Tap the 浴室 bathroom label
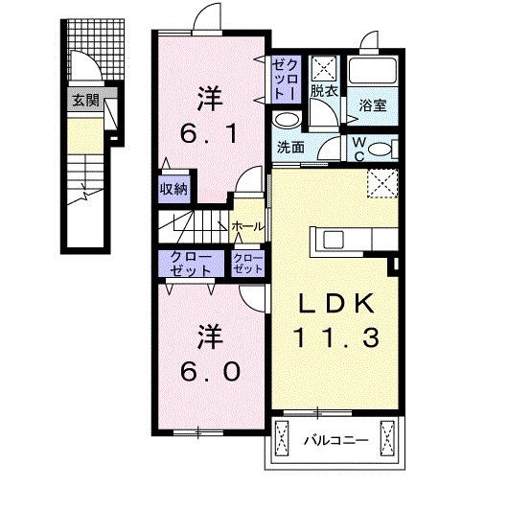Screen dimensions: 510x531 point(373,106)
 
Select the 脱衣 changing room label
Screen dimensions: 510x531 point(323,92)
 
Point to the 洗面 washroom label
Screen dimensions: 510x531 point(290,147)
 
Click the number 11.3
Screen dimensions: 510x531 point(336,337)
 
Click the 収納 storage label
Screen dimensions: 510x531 point(173,189)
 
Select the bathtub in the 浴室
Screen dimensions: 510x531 point(373,71)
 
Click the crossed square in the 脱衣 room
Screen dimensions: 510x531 point(325,67)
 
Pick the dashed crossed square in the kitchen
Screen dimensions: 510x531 point(381,182)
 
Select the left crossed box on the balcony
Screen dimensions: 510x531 point(282,441)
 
